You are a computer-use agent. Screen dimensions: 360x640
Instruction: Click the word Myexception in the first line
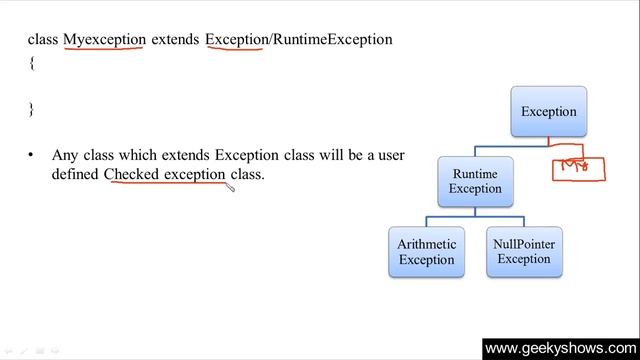coord(105,39)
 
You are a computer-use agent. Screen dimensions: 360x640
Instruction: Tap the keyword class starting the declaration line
coord(43,39)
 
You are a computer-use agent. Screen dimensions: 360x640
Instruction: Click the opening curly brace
coord(31,62)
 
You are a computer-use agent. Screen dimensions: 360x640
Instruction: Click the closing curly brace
coord(31,109)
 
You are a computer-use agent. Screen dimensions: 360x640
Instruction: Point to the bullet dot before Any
coord(31,156)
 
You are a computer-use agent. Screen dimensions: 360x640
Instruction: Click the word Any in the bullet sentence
coord(65,155)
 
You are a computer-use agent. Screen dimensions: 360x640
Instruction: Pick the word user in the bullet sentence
coord(388,155)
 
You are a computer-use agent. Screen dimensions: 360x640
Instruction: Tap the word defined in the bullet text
coord(76,174)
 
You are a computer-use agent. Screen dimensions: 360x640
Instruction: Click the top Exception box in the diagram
coord(548,111)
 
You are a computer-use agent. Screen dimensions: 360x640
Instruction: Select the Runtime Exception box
coord(475,181)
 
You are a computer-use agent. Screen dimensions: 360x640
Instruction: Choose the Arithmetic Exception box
coord(426,251)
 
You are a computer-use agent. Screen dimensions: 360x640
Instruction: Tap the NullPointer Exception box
coord(524,251)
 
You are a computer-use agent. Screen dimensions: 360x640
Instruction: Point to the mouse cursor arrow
coord(230,185)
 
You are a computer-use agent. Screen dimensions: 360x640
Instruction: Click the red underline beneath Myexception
coord(105,49)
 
